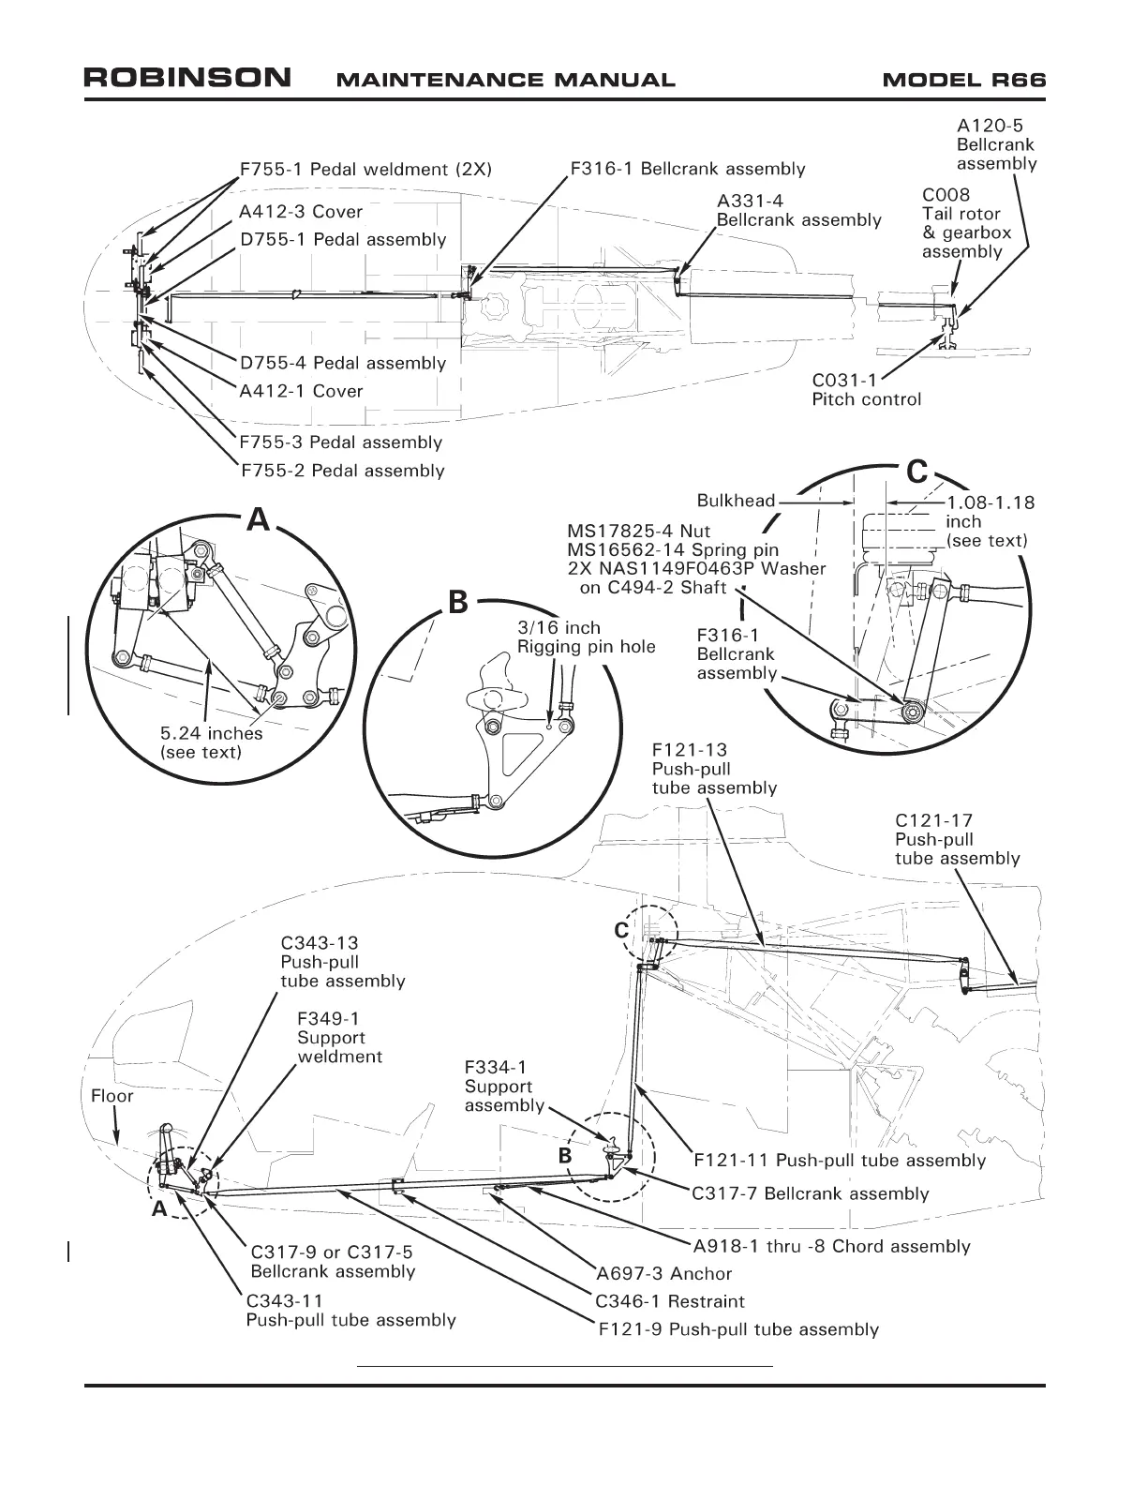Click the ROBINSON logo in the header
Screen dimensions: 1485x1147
[187, 78]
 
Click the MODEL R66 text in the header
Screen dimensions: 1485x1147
[963, 80]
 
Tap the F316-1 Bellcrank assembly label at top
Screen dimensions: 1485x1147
[688, 170]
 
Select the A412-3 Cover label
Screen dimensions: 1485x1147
[301, 212]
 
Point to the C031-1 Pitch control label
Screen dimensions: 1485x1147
[866, 390]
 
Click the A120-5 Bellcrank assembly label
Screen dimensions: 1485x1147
[996, 144]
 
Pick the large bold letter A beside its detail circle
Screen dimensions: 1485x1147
[258, 520]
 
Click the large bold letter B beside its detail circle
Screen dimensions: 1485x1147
[457, 603]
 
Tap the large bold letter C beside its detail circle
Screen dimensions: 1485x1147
[917, 472]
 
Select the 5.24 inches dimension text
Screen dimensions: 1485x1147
[212, 742]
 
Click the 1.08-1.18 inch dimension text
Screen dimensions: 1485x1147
[990, 521]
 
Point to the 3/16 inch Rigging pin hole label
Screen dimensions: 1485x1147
[586, 637]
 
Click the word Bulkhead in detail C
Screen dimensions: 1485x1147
[736, 501]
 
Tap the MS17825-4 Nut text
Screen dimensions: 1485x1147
[638, 532]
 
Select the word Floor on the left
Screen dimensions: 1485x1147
[112, 1096]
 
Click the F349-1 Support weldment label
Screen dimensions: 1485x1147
[339, 1037]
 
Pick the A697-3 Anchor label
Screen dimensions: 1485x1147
[663, 1273]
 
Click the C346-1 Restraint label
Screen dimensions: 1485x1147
[670, 1301]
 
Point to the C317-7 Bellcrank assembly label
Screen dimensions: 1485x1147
[810, 1193]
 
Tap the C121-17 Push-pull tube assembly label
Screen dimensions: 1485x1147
[957, 839]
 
